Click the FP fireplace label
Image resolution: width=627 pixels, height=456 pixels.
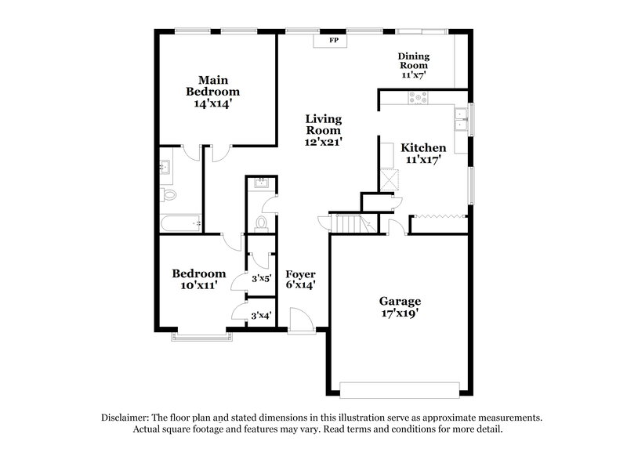click(334, 38)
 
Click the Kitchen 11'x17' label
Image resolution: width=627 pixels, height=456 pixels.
click(423, 154)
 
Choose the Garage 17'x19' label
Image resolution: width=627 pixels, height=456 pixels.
click(400, 307)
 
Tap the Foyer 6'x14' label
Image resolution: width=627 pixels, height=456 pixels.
click(300, 280)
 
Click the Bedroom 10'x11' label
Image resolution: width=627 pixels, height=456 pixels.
click(199, 280)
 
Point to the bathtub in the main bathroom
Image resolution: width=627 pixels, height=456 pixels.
click(180, 224)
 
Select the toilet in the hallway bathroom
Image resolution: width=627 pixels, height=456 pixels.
click(262, 223)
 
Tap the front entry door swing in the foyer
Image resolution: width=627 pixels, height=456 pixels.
click(299, 318)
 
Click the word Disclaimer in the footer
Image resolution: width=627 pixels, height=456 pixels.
click(125, 418)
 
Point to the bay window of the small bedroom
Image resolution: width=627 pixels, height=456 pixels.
click(202, 337)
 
